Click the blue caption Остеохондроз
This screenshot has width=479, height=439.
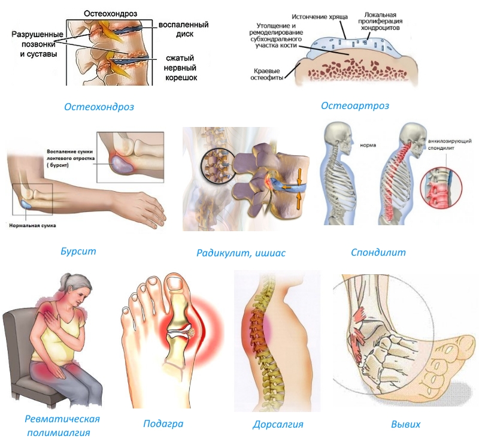click(x=99, y=107)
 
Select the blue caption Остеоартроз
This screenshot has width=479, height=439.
click(x=355, y=106)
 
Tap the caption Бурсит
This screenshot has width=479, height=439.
click(x=78, y=251)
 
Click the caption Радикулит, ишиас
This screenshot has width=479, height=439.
click(x=241, y=253)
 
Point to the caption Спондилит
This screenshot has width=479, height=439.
click(x=378, y=252)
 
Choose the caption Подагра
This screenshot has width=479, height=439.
click(x=163, y=424)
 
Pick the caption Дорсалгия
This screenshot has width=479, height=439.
click(x=278, y=425)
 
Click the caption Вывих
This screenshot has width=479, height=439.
click(x=405, y=424)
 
